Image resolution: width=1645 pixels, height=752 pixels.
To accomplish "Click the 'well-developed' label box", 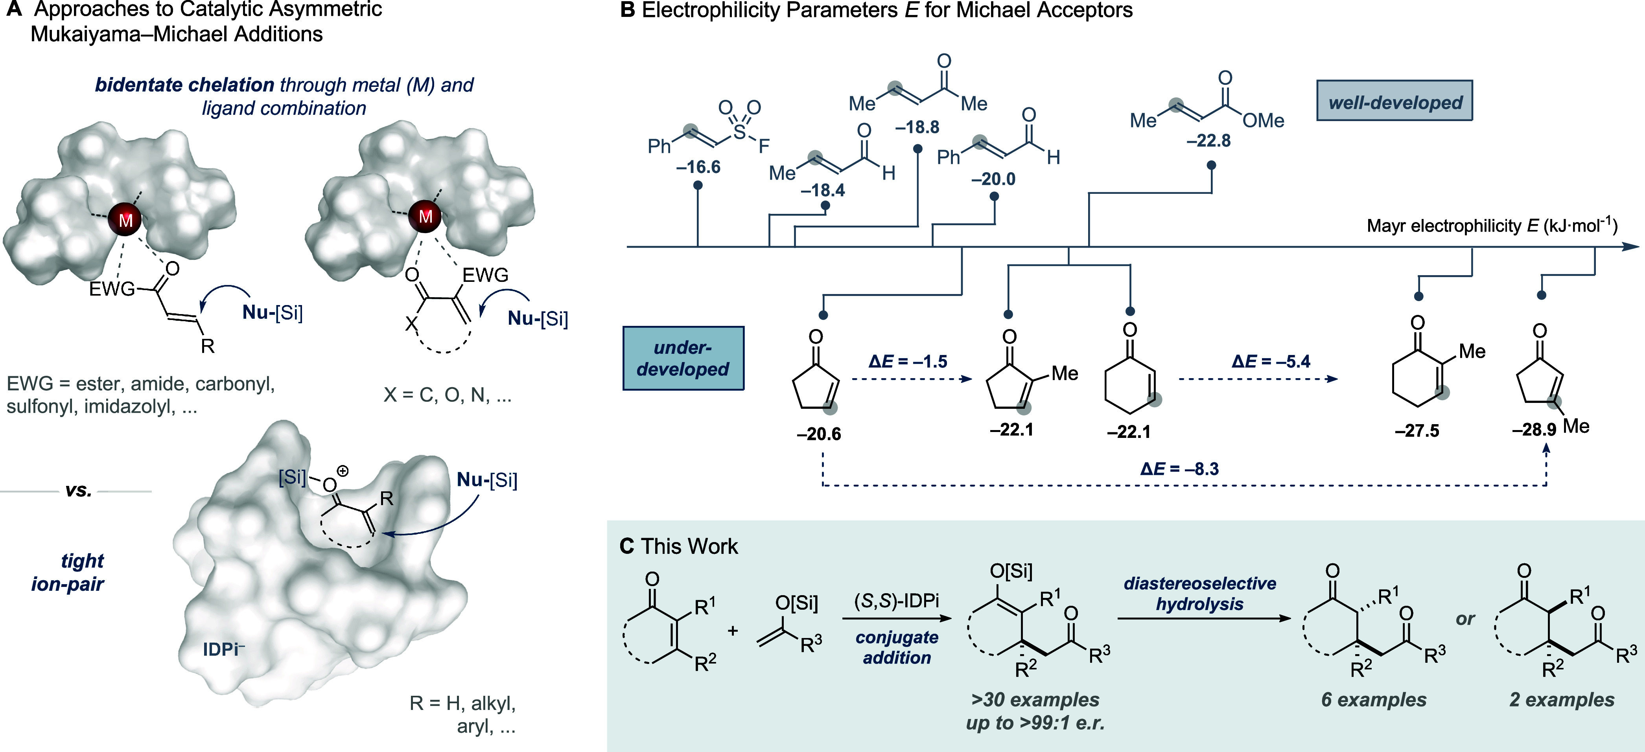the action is tap(1394, 101).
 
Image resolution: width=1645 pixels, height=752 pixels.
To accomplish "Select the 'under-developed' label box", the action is tap(683, 358).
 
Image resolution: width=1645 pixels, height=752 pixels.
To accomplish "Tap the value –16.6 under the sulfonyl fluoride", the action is tap(698, 167).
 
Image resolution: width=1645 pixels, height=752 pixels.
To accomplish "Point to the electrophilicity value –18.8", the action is tap(917, 127).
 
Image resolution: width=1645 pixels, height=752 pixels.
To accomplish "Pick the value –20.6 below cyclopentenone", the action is tap(819, 434).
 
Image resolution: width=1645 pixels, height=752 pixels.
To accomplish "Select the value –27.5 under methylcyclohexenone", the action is tap(1417, 431).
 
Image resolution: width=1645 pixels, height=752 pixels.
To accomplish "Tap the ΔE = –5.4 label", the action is tap(1271, 361).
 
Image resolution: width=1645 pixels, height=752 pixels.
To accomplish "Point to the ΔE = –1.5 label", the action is tap(908, 361).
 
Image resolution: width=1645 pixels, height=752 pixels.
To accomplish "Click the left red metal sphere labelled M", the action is tap(125, 220).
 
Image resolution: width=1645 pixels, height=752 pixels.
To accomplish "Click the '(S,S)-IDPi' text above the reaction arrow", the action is tap(897, 601).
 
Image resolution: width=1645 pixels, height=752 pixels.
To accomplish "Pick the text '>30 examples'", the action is tap(1035, 700).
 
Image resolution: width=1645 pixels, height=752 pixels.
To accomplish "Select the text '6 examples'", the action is tap(1374, 700).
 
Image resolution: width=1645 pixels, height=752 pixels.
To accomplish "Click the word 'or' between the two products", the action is tap(1465, 619).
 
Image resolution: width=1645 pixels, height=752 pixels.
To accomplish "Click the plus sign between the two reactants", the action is tap(733, 631).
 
